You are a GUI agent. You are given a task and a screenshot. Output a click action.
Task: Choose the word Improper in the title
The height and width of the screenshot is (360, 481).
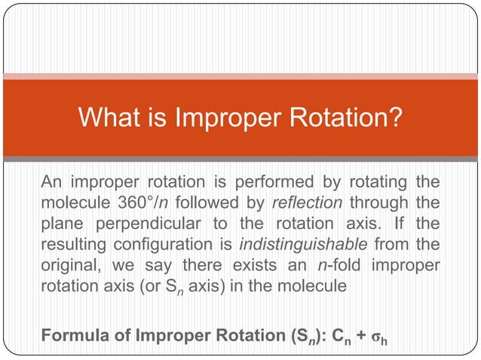point(221,117)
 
